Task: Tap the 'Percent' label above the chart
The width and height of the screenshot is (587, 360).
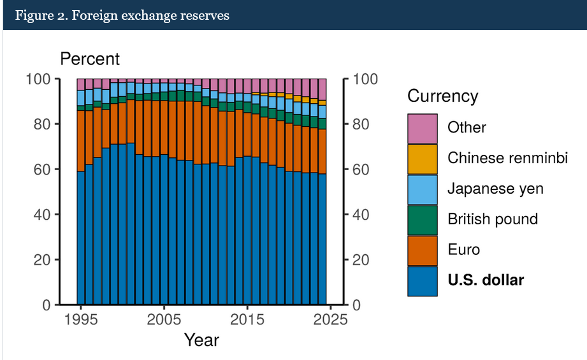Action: [90, 59]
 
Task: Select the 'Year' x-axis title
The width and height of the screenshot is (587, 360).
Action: [201, 340]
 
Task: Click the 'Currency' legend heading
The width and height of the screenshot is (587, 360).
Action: [442, 96]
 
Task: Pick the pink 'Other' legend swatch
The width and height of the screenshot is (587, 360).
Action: [423, 128]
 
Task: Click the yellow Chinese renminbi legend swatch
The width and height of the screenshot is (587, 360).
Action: [423, 159]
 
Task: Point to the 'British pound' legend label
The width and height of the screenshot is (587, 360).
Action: [493, 219]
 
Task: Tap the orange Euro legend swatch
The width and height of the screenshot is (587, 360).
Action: [423, 250]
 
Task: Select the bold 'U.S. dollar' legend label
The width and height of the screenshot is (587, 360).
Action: [486, 280]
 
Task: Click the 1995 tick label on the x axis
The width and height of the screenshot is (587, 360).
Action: [81, 319]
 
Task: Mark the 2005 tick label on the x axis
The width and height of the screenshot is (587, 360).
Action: [164, 319]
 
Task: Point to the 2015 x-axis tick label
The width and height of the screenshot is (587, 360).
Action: [247, 319]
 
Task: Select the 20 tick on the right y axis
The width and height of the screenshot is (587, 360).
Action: [361, 260]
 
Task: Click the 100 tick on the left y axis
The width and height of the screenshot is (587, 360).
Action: [38, 79]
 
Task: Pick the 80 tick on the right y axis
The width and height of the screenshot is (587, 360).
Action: [361, 124]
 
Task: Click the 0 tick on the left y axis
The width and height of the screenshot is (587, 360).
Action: [47, 305]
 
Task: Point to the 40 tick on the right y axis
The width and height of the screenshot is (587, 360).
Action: [361, 215]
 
